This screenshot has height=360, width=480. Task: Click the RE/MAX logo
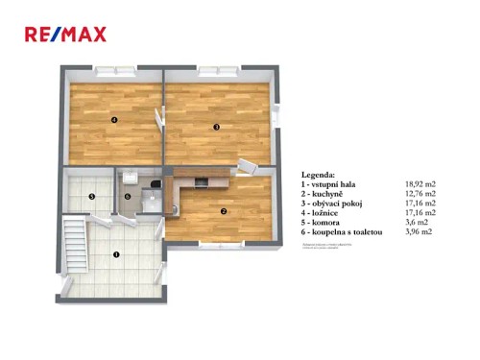[65, 36]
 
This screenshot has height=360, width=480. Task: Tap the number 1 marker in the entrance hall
[116, 254]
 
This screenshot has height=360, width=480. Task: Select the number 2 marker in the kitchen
[224, 211]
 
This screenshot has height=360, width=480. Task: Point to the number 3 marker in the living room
[217, 127]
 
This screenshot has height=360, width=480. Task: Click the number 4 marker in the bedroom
[113, 120]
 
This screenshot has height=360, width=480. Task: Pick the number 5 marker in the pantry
[91, 197]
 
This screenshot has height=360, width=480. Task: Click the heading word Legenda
[319, 175]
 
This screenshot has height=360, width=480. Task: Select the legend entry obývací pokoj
[335, 203]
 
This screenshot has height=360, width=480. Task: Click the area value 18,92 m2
[421, 183]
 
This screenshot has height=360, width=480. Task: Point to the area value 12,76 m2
[421, 193]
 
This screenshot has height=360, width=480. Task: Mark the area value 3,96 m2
[420, 231]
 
